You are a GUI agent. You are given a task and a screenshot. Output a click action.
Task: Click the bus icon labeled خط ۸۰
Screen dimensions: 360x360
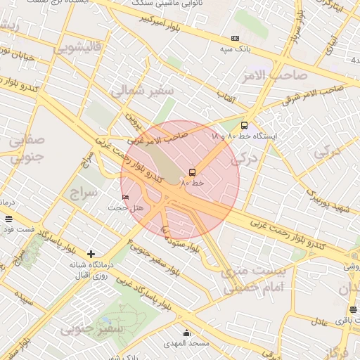click(x=192, y=172)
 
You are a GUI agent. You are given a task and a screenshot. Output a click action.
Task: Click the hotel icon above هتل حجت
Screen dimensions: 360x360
click(x=126, y=196)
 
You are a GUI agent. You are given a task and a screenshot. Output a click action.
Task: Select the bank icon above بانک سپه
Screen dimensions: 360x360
click(x=235, y=38)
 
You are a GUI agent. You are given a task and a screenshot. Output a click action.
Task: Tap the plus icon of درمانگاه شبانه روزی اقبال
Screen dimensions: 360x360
click(x=91, y=253)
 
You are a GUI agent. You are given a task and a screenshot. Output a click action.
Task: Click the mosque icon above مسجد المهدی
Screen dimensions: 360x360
click(x=186, y=333)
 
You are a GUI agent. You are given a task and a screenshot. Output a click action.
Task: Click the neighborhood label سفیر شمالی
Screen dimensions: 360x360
click(x=131, y=90)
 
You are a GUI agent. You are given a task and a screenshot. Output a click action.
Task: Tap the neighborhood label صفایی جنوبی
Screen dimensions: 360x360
click(x=28, y=148)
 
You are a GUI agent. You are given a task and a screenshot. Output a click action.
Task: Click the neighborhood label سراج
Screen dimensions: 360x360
click(x=83, y=191)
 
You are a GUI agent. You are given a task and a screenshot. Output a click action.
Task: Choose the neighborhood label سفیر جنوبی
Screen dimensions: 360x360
click(x=91, y=328)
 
